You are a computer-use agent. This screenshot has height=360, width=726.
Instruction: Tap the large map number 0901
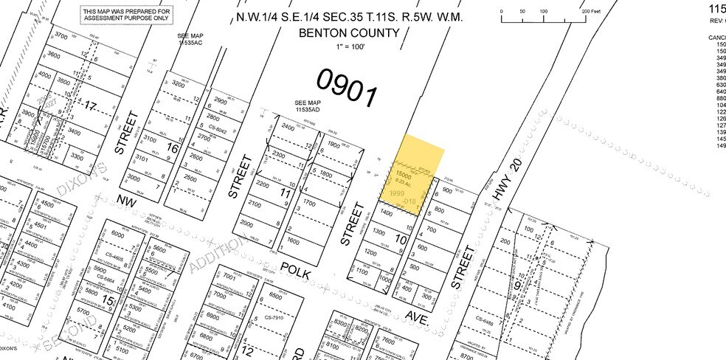347,87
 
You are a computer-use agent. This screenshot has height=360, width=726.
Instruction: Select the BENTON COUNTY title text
348,33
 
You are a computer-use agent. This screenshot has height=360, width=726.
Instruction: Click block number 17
90,105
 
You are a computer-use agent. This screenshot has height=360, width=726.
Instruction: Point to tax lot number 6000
118,234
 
